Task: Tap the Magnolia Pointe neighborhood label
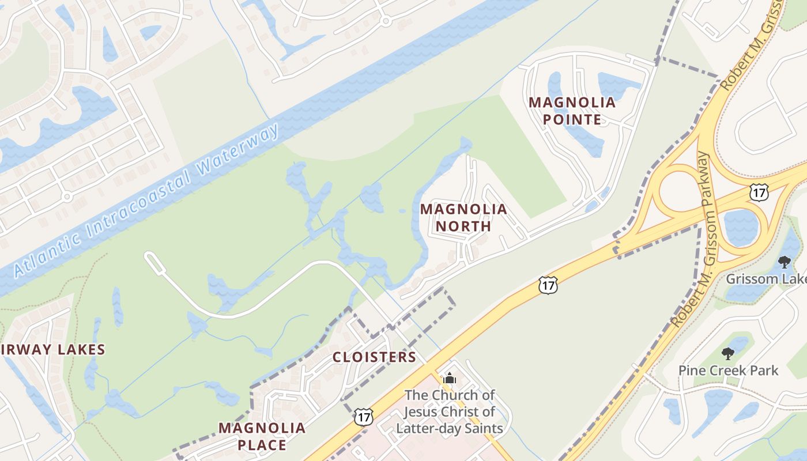tap(572, 111)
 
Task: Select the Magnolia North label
tap(463, 217)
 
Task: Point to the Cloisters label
tap(374, 357)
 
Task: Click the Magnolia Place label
tap(262, 436)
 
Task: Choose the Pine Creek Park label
tap(728, 370)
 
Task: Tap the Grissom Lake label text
tap(765, 279)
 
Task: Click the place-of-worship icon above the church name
tap(450, 379)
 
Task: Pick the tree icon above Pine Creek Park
tap(728, 353)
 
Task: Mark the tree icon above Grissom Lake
tap(784, 262)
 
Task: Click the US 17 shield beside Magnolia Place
tap(363, 417)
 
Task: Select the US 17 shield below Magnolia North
tap(548, 284)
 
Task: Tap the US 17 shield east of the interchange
tap(759, 192)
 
